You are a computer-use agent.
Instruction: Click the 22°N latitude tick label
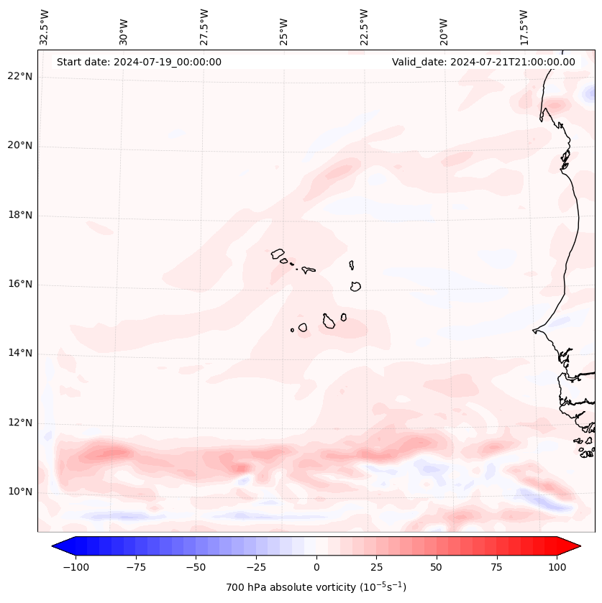[x=20, y=77]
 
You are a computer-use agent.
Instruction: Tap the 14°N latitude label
[x=20, y=354]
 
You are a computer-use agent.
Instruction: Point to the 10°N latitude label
[x=20, y=492]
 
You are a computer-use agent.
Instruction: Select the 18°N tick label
[x=20, y=216]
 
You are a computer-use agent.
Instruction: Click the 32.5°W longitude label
[x=45, y=27]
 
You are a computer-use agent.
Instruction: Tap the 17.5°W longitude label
[x=524, y=27]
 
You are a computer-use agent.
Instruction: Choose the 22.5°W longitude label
[x=364, y=27]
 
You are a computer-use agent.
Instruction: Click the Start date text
[x=139, y=62]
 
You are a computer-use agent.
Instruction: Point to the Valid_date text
[x=483, y=62]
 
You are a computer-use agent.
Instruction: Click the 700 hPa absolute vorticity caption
[x=316, y=587]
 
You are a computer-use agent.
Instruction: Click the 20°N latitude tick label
[x=20, y=146]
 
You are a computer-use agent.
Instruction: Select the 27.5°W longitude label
[x=204, y=27]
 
